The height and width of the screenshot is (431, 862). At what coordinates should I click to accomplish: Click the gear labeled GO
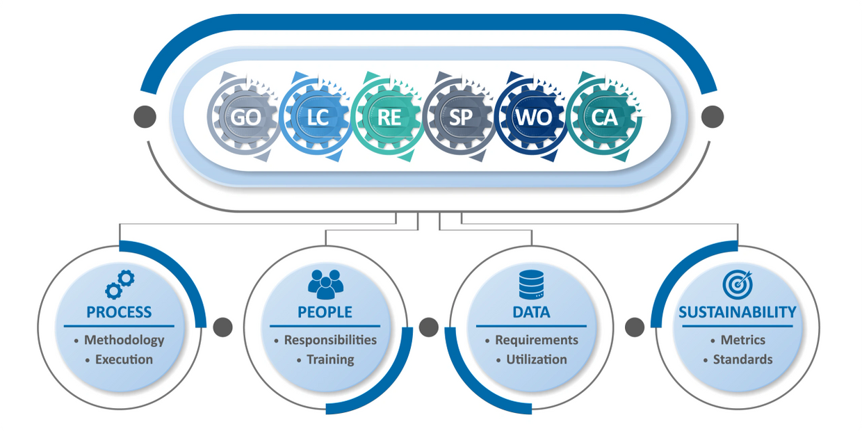click(x=245, y=117)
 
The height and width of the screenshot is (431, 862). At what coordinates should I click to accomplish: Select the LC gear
click(x=317, y=117)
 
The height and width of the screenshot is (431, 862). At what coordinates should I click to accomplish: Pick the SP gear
click(x=460, y=117)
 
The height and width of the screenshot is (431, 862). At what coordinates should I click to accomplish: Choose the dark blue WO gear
click(x=532, y=117)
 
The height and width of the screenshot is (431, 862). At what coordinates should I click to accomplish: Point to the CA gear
click(x=604, y=117)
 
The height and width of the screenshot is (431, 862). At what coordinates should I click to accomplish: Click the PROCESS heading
click(x=119, y=312)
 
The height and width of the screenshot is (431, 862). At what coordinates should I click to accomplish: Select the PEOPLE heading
click(x=325, y=312)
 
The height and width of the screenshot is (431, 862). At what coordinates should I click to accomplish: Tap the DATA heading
click(x=531, y=312)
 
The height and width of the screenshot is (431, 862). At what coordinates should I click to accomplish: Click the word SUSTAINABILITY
click(x=738, y=312)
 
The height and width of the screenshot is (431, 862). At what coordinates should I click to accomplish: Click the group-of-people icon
click(x=325, y=284)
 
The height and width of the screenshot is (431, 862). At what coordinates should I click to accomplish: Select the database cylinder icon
click(x=531, y=284)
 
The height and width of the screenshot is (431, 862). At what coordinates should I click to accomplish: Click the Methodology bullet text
click(x=124, y=340)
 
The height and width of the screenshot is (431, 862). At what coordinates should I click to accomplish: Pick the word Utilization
click(x=536, y=359)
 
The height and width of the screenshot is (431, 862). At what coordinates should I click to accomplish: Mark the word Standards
click(x=742, y=359)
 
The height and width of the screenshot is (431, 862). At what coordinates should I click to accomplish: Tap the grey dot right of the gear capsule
click(x=713, y=117)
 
